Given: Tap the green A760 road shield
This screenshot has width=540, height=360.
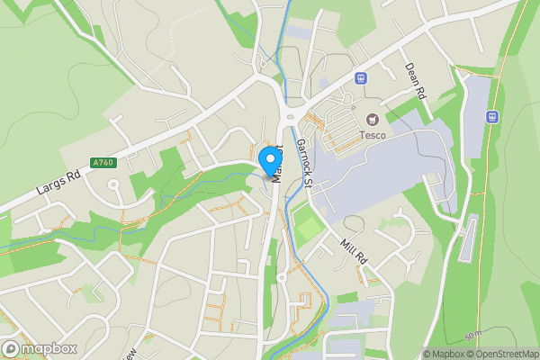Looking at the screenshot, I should click(x=103, y=163).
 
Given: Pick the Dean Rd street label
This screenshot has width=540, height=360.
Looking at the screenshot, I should click(x=415, y=79).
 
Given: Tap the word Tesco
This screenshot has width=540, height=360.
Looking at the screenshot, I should click(x=373, y=135).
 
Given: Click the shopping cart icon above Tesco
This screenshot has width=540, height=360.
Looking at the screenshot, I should click(x=373, y=119).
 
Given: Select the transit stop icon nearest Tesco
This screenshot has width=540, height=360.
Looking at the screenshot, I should click(x=361, y=78).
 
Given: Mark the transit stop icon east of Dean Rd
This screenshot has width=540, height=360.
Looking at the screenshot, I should click(x=492, y=116).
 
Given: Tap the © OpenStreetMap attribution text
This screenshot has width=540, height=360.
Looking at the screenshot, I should click(x=500, y=354).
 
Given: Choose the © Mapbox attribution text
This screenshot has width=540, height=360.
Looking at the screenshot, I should click(x=441, y=354).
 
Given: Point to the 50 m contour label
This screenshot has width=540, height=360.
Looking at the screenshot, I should click(x=473, y=337).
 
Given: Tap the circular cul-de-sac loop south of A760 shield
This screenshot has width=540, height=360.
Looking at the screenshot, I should click(x=114, y=186).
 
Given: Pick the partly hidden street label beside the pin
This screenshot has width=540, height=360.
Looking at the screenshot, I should click(x=278, y=162).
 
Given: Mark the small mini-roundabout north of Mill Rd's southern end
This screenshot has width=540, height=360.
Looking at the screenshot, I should click(x=281, y=278).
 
